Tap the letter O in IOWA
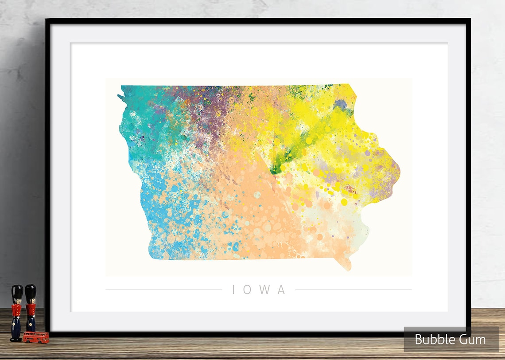click(249, 290)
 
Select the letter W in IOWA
click(265, 290)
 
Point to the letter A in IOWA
click(281, 290)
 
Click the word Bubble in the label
click(432, 340)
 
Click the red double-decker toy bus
click(36, 337)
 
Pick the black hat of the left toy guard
click(17, 293)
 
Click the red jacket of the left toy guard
click(17, 310)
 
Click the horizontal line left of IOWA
click(163, 290)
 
